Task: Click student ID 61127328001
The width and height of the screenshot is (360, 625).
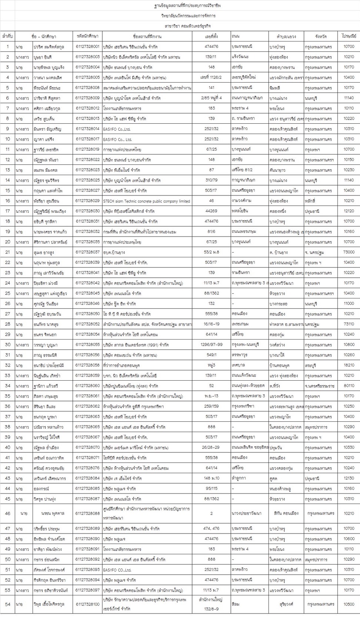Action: coord(87,47)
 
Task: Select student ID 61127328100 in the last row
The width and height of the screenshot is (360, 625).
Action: coord(87,604)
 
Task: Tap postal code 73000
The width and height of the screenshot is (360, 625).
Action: coord(349,252)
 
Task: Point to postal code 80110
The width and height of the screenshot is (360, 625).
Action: coord(349,386)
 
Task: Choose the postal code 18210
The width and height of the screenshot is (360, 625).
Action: coord(349,365)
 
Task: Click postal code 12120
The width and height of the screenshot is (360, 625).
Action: coord(349,211)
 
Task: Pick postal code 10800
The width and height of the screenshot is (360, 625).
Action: coord(349,345)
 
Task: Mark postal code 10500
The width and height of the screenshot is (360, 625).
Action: coord(349,604)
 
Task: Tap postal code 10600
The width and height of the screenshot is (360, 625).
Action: coord(349,539)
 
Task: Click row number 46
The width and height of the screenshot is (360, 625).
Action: coord(7,513)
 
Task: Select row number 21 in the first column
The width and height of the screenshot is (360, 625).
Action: coord(7,252)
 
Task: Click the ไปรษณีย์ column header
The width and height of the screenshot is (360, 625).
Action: coord(349,36)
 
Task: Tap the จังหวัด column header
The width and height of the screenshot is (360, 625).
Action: coord(321,37)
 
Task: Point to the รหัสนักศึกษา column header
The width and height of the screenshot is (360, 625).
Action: coord(87,36)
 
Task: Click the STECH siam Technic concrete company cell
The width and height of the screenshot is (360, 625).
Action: coord(147,201)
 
